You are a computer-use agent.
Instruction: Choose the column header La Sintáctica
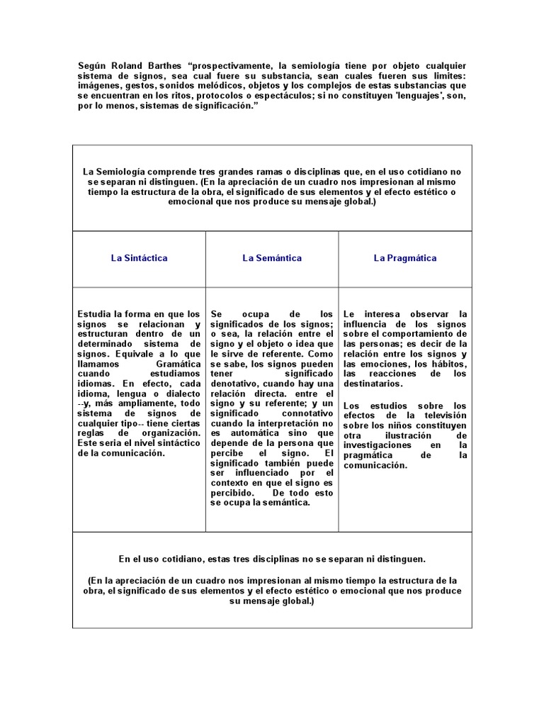pos(139,258)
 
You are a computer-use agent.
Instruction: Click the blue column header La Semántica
pos(272,258)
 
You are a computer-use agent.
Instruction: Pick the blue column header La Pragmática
pos(405,258)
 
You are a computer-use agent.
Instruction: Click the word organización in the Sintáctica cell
pos(170,432)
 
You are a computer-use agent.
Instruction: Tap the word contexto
pos(232,482)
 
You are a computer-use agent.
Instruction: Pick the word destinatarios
pos(373,383)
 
